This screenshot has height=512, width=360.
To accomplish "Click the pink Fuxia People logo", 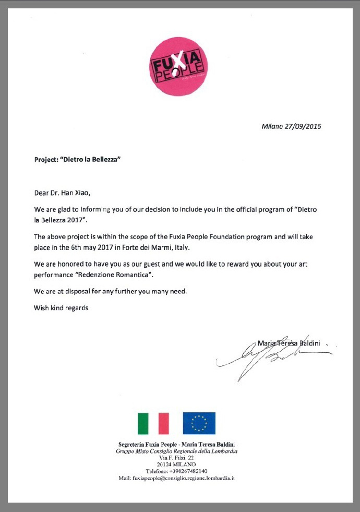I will [x=179, y=66].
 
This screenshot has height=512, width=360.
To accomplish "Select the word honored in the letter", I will [x=65, y=264].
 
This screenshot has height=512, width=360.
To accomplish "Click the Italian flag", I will [x=153, y=423].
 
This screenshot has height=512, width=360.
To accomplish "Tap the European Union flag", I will [x=199, y=423].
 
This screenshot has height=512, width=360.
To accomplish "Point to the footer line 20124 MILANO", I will [x=176, y=464].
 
